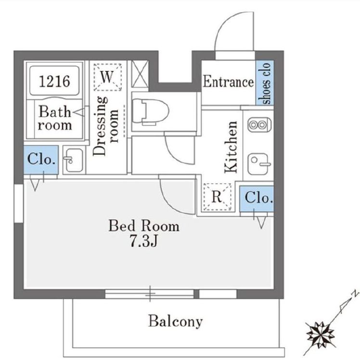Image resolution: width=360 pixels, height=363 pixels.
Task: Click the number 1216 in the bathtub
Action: click(54, 81)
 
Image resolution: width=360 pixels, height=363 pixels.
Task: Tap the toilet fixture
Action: click(150, 112)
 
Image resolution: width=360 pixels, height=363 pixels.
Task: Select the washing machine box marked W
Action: click(107, 77)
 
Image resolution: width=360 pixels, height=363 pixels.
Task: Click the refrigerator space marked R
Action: click(217, 197)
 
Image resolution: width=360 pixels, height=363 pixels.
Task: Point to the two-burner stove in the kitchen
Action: click(259, 125)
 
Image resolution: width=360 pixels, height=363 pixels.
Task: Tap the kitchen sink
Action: click(259, 164)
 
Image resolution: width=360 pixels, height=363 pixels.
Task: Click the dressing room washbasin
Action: click(73, 160)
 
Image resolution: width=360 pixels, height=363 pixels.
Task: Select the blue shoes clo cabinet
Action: click(265, 83)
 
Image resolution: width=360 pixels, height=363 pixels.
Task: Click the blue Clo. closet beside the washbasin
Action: click(41, 160)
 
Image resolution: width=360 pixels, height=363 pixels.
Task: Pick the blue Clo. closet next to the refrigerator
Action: click(257, 199)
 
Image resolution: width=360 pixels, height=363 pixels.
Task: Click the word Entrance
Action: click(228, 82)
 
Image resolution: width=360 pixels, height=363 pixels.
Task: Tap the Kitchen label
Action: click(231, 147)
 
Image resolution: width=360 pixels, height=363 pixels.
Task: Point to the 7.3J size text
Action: click(144, 241)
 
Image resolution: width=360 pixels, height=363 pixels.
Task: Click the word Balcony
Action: click(176, 321)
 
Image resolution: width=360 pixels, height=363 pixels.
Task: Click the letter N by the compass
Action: click(354, 294)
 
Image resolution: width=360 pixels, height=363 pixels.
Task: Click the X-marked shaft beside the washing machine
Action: click(140, 74)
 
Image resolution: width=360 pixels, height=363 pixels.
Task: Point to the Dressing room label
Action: click(105, 126)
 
